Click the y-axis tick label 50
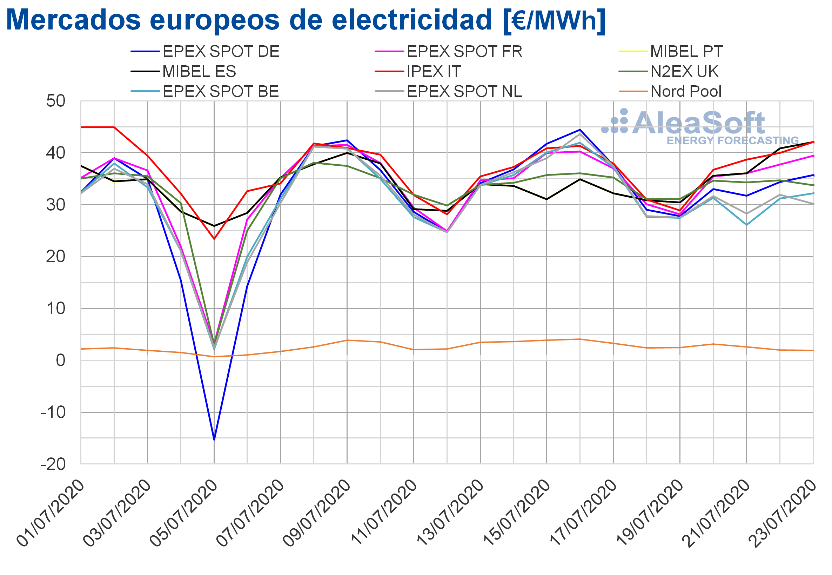pos(56,101)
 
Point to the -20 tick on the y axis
pos(53,464)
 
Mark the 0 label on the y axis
pos(61,360)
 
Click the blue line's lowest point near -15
pos(214,440)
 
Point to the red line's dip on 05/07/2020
pos(214,239)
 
